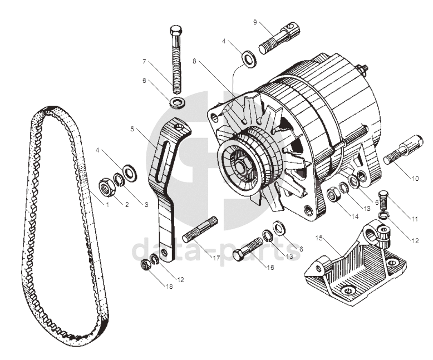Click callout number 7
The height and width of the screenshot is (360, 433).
144,62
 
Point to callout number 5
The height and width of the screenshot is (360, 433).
132,129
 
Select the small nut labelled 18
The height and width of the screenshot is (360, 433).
145,265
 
